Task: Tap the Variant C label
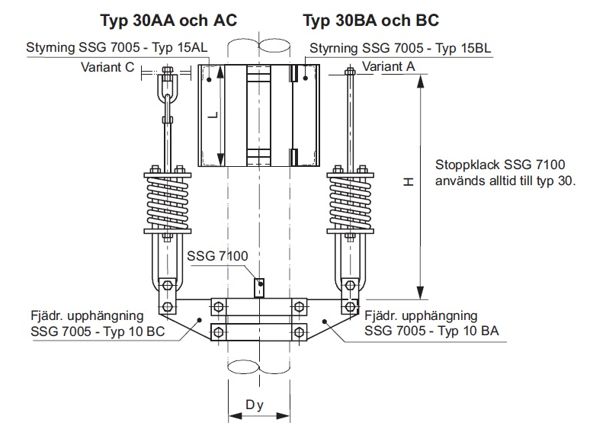(x=107, y=67)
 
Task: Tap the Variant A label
(x=389, y=67)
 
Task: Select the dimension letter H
(x=409, y=182)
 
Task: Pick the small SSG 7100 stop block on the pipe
(x=259, y=287)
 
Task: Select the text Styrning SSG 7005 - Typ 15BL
(x=399, y=49)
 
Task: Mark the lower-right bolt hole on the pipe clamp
(x=299, y=331)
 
